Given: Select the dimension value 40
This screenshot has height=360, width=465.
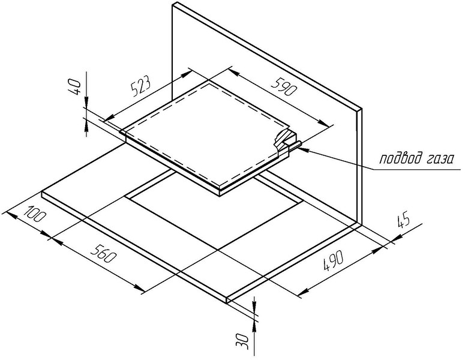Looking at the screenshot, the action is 75,87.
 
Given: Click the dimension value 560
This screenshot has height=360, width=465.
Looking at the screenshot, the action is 102,254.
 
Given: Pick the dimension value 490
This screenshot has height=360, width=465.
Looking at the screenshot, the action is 334,260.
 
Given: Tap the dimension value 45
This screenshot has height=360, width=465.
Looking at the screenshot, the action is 403,221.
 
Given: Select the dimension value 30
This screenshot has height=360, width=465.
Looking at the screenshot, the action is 242,341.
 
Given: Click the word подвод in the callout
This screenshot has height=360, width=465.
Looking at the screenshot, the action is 400,158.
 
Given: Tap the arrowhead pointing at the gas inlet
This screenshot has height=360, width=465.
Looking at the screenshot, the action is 305,150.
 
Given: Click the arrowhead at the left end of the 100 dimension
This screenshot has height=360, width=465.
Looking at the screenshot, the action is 10,215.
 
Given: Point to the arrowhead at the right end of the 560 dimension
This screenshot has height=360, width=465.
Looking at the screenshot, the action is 139,287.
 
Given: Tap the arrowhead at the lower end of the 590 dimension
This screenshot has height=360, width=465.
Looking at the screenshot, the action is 323,123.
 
